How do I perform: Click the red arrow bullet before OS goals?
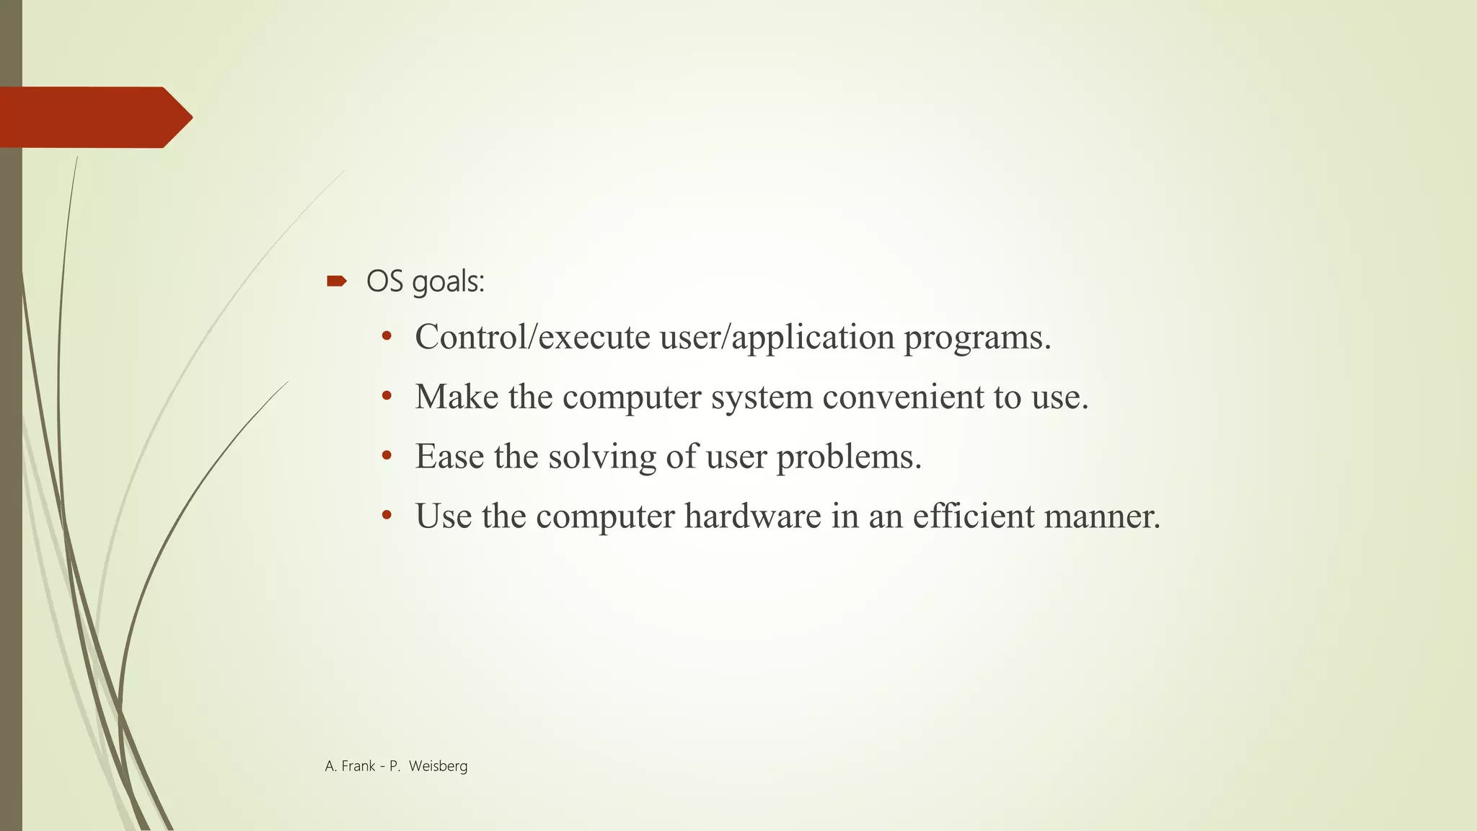(336, 281)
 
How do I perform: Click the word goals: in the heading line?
(448, 282)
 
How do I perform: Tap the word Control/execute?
(532, 337)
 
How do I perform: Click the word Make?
(457, 397)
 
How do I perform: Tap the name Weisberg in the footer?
(438, 767)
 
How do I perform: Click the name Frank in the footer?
(358, 767)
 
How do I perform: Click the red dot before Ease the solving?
(387, 456)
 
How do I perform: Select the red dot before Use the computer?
(387, 516)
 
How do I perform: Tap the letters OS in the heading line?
(384, 281)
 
